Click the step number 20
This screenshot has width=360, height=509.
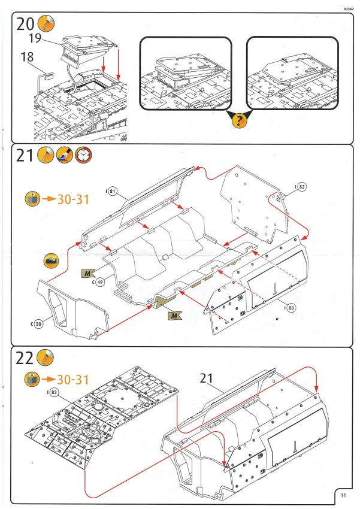point(26,25)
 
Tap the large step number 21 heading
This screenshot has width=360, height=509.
point(25,157)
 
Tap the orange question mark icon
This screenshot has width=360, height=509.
point(239,121)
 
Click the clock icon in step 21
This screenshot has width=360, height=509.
point(83,156)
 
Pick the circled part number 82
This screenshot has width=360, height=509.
point(301,187)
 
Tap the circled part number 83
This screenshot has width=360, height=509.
point(53,392)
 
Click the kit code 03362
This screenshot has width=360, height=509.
point(349,9)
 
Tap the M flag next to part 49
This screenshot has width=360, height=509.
point(88,274)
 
